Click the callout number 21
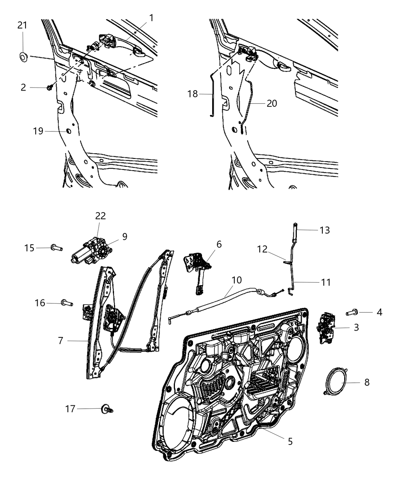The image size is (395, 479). [x=22, y=26]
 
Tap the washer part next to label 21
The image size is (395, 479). [x=23, y=57]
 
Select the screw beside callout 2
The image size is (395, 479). [x=49, y=87]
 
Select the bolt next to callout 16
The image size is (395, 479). [x=67, y=302]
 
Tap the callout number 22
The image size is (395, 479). [x=100, y=216]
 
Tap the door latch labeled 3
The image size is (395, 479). [x=325, y=327]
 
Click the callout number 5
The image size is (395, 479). [x=290, y=441]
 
